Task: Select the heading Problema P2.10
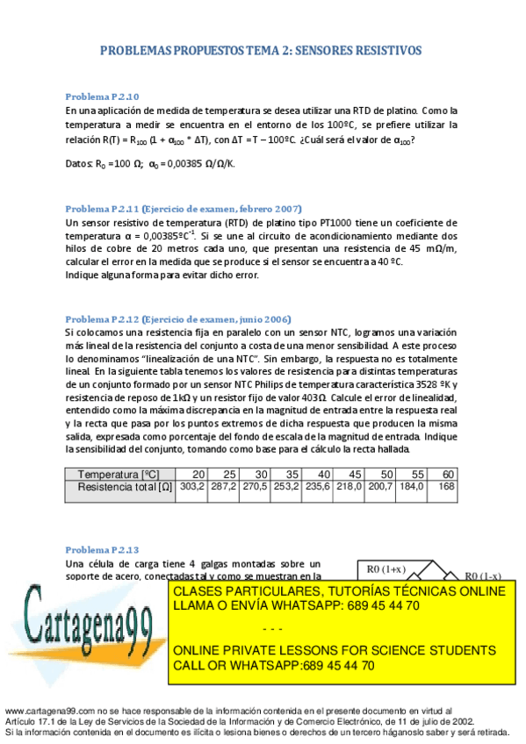[x=102, y=97]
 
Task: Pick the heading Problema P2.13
[x=102, y=549]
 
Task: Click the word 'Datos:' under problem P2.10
[x=79, y=164]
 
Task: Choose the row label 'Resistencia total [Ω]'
[x=124, y=486]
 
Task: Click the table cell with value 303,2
[x=191, y=486]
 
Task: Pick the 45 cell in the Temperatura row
[x=355, y=474]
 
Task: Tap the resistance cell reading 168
[x=446, y=486]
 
